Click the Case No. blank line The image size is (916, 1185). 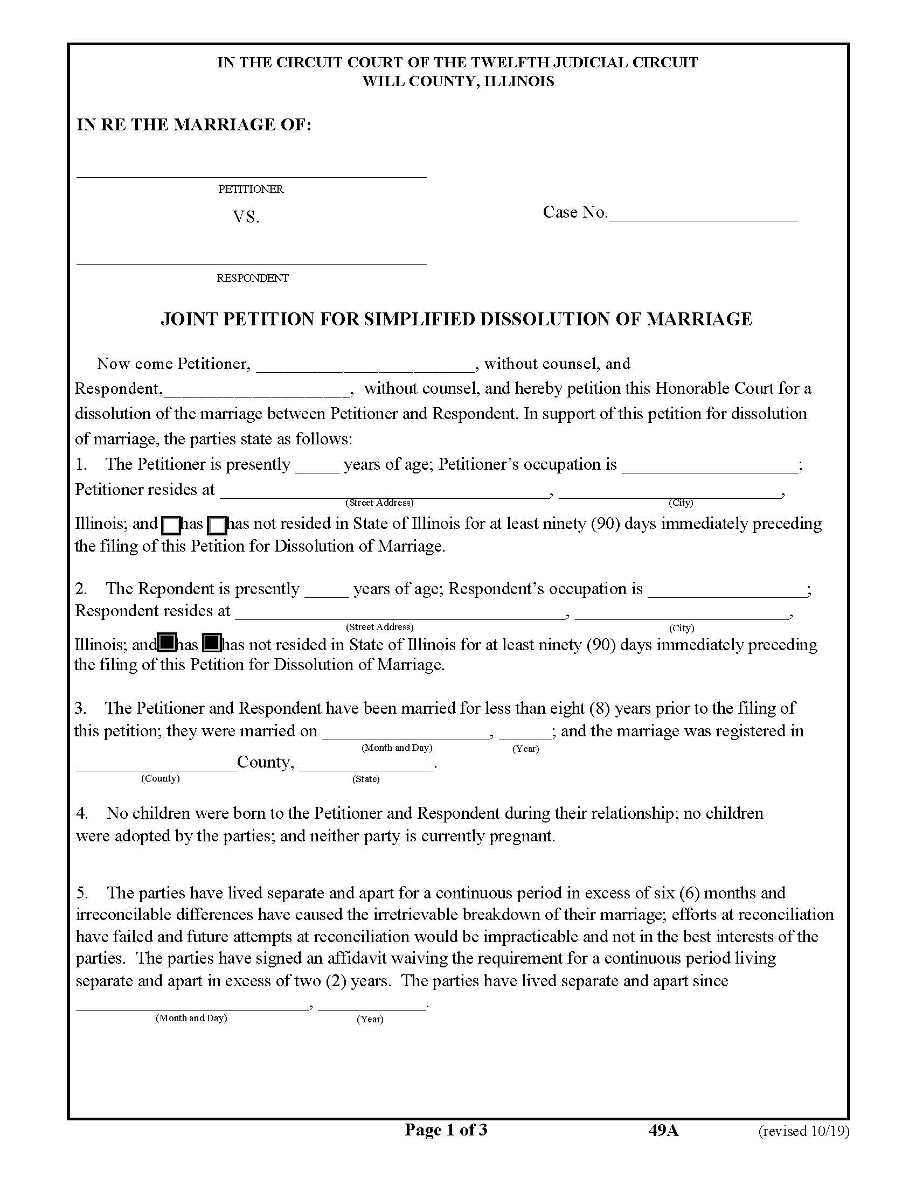coord(703,217)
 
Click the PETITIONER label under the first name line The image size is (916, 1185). coord(251,190)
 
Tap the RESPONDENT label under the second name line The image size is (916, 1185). coord(252,278)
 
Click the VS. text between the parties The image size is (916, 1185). coord(246,218)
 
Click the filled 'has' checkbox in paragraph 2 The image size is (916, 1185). coord(166,643)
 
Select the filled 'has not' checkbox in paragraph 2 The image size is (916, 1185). coord(212,643)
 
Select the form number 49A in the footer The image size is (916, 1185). coord(663,1130)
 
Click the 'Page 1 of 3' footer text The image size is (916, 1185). coord(446,1130)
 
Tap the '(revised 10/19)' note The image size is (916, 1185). coord(803,1131)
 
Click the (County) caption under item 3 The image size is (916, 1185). coord(160,779)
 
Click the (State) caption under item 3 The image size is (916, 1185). coord(366,779)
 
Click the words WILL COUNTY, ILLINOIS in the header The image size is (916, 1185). coord(458,82)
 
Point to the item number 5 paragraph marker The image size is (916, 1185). coord(81,893)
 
